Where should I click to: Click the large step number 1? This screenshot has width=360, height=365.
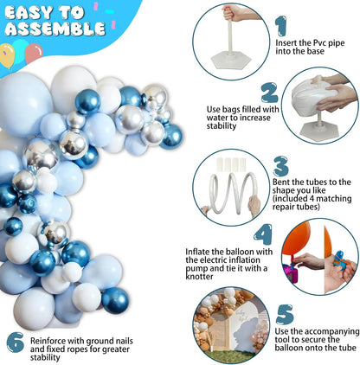(281, 26)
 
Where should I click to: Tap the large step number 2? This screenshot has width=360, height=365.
(270, 93)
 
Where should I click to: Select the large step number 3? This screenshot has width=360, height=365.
(280, 166)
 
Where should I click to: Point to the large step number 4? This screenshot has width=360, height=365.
(263, 234)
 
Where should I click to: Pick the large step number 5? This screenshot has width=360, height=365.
(285, 314)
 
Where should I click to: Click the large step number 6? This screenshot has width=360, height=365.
(16, 342)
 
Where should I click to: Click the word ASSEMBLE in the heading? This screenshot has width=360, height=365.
(55, 29)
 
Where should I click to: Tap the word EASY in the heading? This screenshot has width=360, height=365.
(29, 13)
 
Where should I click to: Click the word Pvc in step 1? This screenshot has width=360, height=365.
(318, 43)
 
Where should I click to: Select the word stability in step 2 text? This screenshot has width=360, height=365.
(222, 126)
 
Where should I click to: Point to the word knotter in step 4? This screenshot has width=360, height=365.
(199, 276)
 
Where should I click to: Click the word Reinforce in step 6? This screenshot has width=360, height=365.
(48, 341)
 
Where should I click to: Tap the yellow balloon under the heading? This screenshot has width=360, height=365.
(7, 55)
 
